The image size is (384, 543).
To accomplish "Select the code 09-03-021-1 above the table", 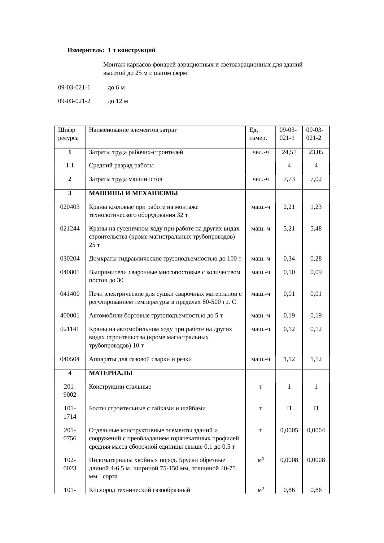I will (x=74, y=88).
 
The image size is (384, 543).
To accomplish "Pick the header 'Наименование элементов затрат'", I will (x=133, y=130).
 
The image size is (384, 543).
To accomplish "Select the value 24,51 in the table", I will (x=289, y=152).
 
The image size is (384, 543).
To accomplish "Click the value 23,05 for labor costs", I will (x=316, y=152).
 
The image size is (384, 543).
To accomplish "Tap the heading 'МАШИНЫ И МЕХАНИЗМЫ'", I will (x=133, y=193).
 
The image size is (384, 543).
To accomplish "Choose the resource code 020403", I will (x=70, y=207).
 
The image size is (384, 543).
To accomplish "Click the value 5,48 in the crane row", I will (x=316, y=229).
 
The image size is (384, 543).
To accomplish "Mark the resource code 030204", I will (x=70, y=259).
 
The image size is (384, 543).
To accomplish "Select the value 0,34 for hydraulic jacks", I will (x=289, y=259).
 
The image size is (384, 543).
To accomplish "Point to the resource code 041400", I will (x=70, y=294).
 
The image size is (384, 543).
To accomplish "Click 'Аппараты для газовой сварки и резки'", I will (x=140, y=359).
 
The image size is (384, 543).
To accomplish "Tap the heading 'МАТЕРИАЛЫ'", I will (x=111, y=373).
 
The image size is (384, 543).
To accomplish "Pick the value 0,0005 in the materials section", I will (x=289, y=430).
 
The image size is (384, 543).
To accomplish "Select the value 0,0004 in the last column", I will (x=316, y=430).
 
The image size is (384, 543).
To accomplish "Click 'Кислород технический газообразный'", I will (x=139, y=490).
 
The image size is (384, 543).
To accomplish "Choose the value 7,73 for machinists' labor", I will (x=289, y=179).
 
